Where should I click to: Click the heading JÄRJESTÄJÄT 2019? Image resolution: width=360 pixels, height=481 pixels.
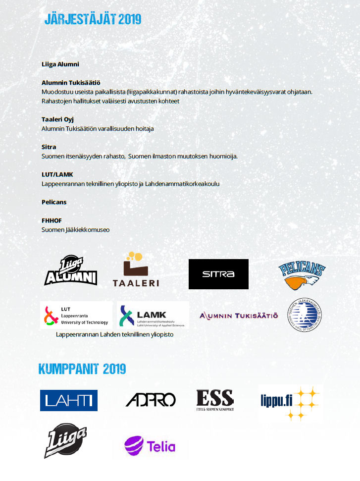pos(93,19)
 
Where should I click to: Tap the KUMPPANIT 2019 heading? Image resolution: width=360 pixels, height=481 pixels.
pos(82,369)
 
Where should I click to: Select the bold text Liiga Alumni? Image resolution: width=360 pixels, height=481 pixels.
pos(60,64)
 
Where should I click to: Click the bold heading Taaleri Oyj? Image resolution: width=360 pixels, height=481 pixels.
pos(57,119)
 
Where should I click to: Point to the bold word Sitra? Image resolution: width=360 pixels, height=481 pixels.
pos(49,147)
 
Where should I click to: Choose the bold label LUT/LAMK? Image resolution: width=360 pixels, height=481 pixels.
pos(57,174)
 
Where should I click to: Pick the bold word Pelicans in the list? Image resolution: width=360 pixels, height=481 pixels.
pos(54,202)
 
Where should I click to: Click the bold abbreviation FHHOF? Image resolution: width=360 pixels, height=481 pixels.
pos(51,220)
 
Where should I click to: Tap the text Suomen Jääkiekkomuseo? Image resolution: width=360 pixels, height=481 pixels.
pos(75,230)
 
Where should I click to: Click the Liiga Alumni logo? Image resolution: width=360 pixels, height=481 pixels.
pos(70,271)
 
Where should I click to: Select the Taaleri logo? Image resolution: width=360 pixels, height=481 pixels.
pos(135,270)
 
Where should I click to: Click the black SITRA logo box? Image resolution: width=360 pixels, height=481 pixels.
pos(218,274)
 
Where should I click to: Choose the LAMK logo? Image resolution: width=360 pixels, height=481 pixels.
pos(153,316)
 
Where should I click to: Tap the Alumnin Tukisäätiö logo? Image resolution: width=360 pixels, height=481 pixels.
pos(239,316)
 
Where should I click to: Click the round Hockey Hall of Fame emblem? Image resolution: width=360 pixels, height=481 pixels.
pos(306,315)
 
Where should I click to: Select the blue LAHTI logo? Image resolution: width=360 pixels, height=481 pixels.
pos(69,400)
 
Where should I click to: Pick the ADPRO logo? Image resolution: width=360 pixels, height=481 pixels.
pos(151,400)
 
